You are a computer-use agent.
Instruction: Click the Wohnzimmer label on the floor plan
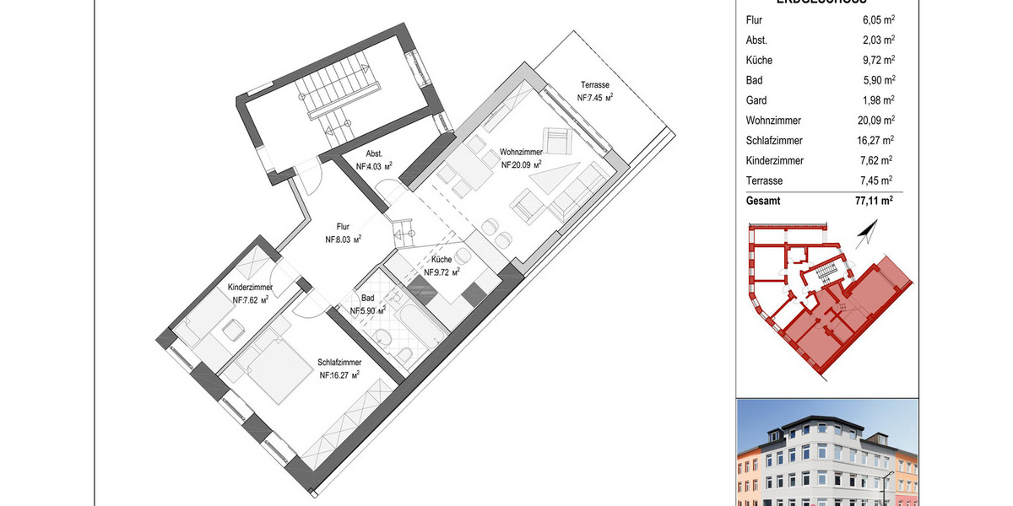520,152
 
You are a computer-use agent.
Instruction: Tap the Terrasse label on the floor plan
595,85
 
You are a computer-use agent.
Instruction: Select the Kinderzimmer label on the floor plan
250,288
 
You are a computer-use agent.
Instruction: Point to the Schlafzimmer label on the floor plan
339,363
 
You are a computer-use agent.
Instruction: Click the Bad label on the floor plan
368,299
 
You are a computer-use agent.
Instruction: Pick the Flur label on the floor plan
343,227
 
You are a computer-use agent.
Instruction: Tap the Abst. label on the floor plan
374,154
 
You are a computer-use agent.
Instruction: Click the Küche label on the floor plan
441,261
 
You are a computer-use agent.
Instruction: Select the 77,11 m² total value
868,202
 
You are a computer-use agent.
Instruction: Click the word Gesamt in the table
764,202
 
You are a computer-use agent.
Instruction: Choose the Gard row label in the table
757,100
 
